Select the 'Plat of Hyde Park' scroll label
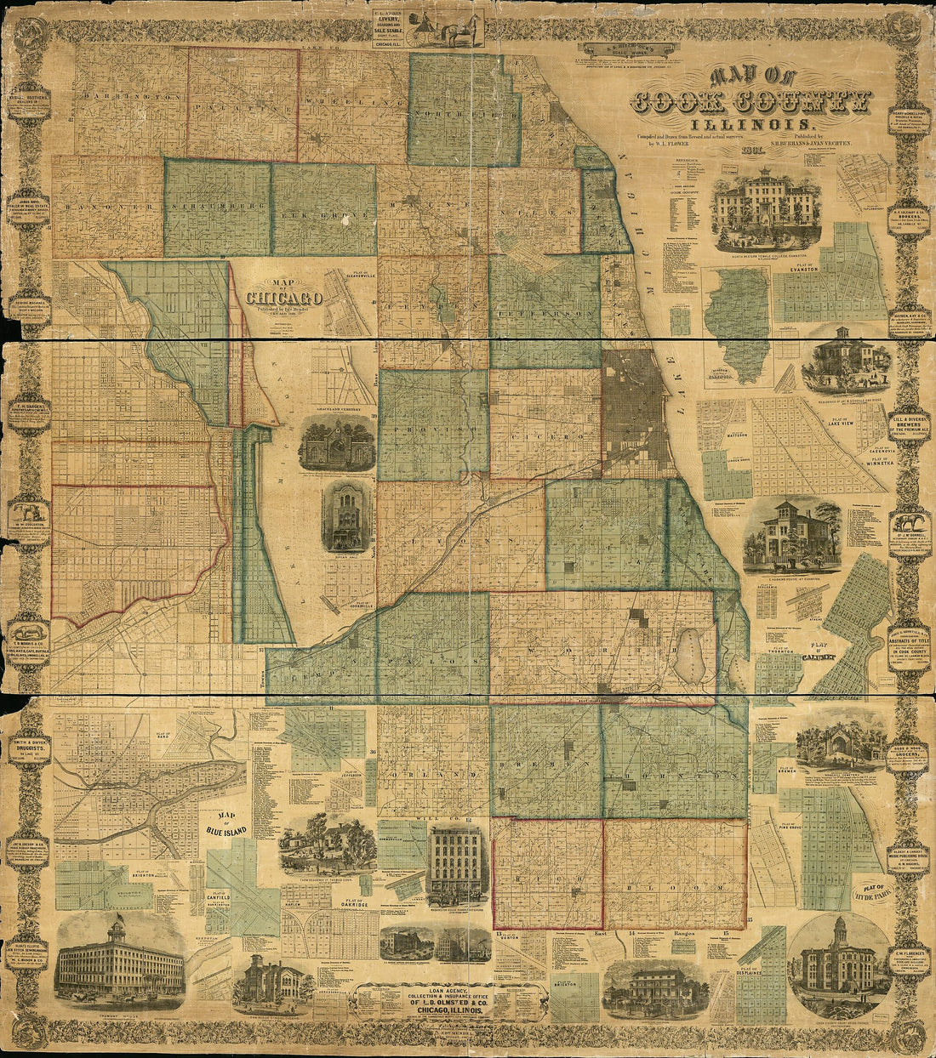tap(870, 893)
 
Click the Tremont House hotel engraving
tap(119, 961)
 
